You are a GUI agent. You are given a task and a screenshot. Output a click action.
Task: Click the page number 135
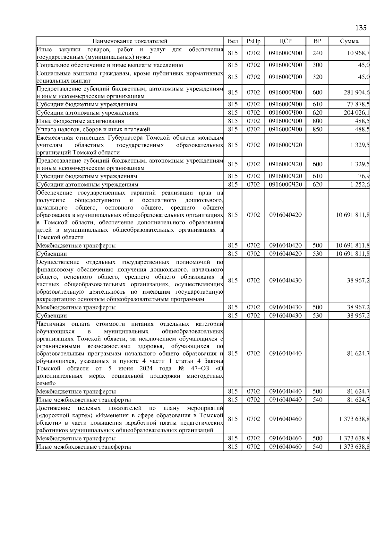click(x=361, y=28)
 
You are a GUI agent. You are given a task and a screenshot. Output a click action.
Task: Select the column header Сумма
click(x=349, y=41)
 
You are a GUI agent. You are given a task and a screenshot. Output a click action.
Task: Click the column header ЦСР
click(x=285, y=41)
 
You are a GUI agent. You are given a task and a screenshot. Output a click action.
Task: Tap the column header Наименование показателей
click(x=130, y=41)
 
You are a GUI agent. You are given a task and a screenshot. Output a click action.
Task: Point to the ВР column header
click(x=317, y=41)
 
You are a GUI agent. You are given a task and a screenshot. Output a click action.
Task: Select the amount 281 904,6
click(x=356, y=92)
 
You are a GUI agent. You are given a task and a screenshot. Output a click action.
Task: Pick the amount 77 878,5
click(x=358, y=104)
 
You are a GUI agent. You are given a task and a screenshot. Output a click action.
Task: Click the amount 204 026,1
click(x=356, y=113)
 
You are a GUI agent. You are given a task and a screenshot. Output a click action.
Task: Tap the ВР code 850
click(x=317, y=129)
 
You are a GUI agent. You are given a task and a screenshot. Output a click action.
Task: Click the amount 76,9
click(x=364, y=176)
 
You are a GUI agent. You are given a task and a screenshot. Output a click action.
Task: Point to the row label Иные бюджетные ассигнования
click(x=80, y=121)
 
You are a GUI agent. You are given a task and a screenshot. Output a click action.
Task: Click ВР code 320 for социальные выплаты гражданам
click(x=317, y=77)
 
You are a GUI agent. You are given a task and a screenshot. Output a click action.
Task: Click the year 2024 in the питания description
click(x=146, y=368)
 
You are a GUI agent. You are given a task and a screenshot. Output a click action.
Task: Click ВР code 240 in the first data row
click(x=317, y=53)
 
